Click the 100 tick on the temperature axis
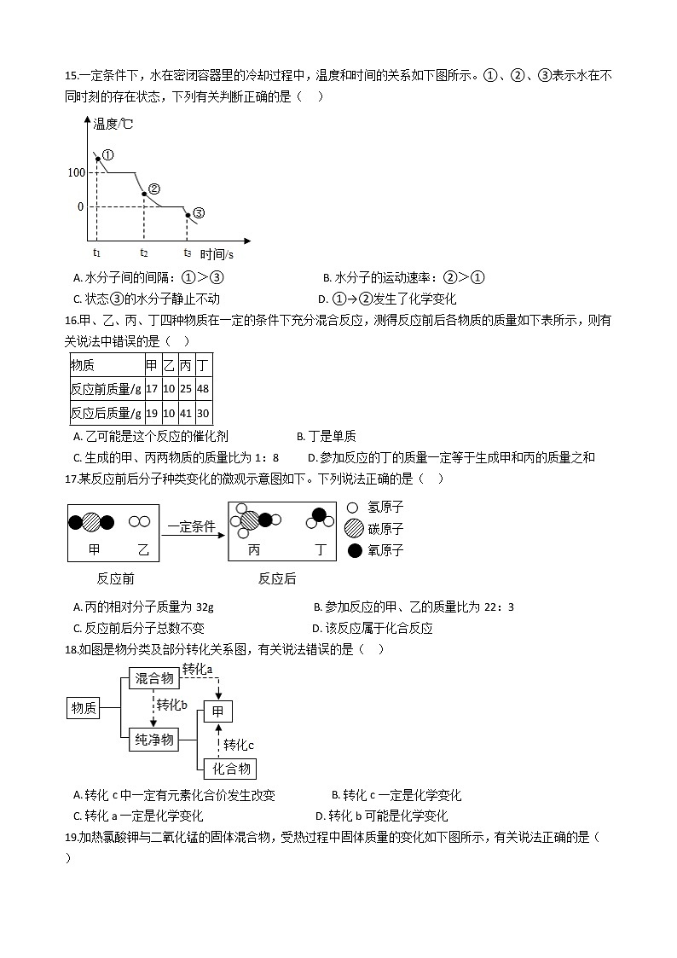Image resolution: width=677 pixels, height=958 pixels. point(75,173)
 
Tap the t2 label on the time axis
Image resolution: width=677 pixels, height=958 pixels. point(144,253)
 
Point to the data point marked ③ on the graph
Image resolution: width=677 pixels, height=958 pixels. point(188,215)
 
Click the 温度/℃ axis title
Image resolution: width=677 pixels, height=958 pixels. point(113,125)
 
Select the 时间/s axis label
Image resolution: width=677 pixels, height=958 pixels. point(217,253)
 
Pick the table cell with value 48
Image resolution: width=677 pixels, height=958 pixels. point(203,389)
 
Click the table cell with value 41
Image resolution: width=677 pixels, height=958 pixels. point(186,413)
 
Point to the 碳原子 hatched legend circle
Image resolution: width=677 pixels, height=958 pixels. point(355,529)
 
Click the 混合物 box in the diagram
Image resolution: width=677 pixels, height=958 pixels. point(154,678)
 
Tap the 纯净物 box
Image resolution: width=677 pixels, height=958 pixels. point(154,740)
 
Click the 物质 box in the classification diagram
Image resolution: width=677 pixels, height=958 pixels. point(84,708)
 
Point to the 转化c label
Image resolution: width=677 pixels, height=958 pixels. point(239,745)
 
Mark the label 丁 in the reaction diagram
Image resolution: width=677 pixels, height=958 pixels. point(321,550)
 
